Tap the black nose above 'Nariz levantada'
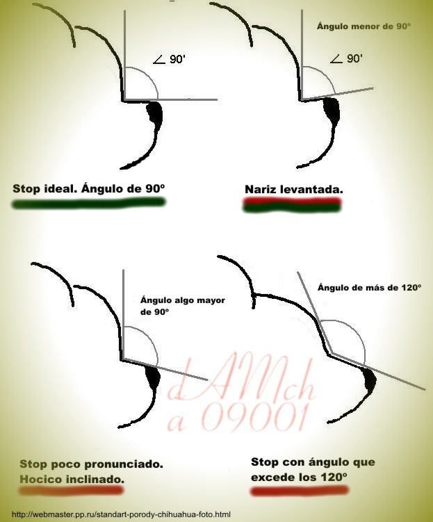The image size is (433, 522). [x=332, y=111]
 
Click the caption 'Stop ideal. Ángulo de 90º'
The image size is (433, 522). [x=89, y=188]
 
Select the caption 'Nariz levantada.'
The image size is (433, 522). [x=294, y=190]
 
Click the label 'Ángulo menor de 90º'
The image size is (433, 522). [x=363, y=26]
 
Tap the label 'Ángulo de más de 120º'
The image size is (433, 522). [x=370, y=287]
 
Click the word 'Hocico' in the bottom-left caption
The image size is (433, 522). [x=41, y=479]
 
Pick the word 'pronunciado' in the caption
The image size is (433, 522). [x=123, y=464]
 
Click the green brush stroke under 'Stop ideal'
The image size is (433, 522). [x=88, y=203]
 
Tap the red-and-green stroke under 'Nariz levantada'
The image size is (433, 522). [x=292, y=204]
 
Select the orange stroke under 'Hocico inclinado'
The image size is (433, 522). [x=71, y=490]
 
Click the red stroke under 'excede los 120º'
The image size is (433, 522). [x=300, y=491]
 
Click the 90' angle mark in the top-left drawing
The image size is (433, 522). [x=169, y=59]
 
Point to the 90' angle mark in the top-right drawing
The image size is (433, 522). [x=346, y=58]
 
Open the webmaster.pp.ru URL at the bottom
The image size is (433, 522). [x=121, y=514]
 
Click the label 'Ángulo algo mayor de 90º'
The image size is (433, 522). [x=183, y=306]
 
